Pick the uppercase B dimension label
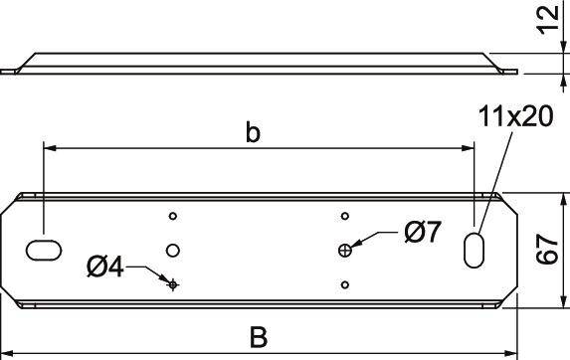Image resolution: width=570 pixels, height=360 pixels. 259,338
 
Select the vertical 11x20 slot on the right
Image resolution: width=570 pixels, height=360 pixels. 474,249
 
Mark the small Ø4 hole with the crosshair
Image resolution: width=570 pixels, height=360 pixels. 173,284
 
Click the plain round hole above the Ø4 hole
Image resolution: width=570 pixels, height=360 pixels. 173,249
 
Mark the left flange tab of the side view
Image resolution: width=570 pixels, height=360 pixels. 9,71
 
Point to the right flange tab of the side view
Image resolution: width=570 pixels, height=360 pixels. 509,71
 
